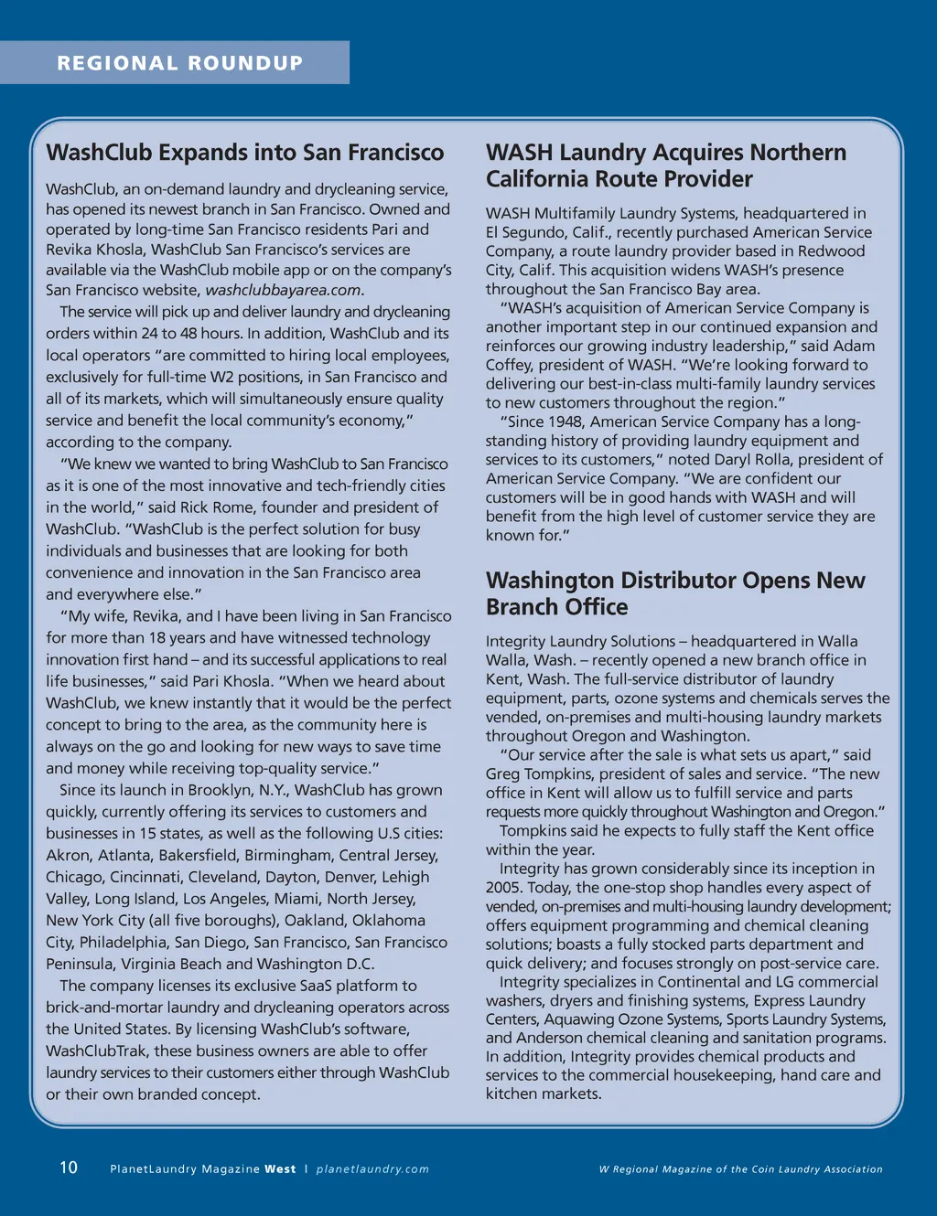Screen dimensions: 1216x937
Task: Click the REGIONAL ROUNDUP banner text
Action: coord(179,63)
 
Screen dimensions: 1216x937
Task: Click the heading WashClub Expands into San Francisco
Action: coord(244,152)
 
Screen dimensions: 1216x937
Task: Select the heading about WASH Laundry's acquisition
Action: coord(665,165)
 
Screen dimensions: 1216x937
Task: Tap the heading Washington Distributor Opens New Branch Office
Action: coord(674,593)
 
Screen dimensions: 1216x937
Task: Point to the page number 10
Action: coord(69,1168)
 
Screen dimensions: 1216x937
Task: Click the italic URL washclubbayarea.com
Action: coord(283,290)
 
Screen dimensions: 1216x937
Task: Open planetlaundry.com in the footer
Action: coord(372,1169)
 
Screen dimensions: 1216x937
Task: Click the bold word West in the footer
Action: coord(280,1169)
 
